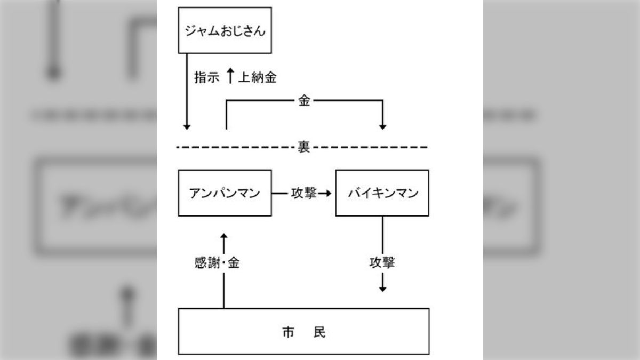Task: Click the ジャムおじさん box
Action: pyautogui.click(x=225, y=30)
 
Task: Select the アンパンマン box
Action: pyautogui.click(x=225, y=193)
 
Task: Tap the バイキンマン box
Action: pyautogui.click(x=382, y=193)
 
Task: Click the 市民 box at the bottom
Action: pyautogui.click(x=303, y=331)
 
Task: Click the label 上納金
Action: pyautogui.click(x=257, y=77)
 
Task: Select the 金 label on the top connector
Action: pyautogui.click(x=303, y=101)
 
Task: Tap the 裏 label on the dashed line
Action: pyautogui.click(x=303, y=147)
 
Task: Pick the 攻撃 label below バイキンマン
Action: pyautogui.click(x=382, y=262)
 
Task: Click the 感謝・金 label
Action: pyautogui.click(x=217, y=262)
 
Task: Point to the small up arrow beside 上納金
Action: pyautogui.click(x=229, y=76)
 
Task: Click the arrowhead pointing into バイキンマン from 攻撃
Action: pyautogui.click(x=327, y=193)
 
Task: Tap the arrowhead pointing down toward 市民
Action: pyautogui.click(x=382, y=288)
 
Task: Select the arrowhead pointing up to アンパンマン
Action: pyautogui.click(x=224, y=236)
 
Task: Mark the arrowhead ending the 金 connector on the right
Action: pyautogui.click(x=382, y=126)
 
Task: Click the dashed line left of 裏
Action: pyautogui.click(x=235, y=147)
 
